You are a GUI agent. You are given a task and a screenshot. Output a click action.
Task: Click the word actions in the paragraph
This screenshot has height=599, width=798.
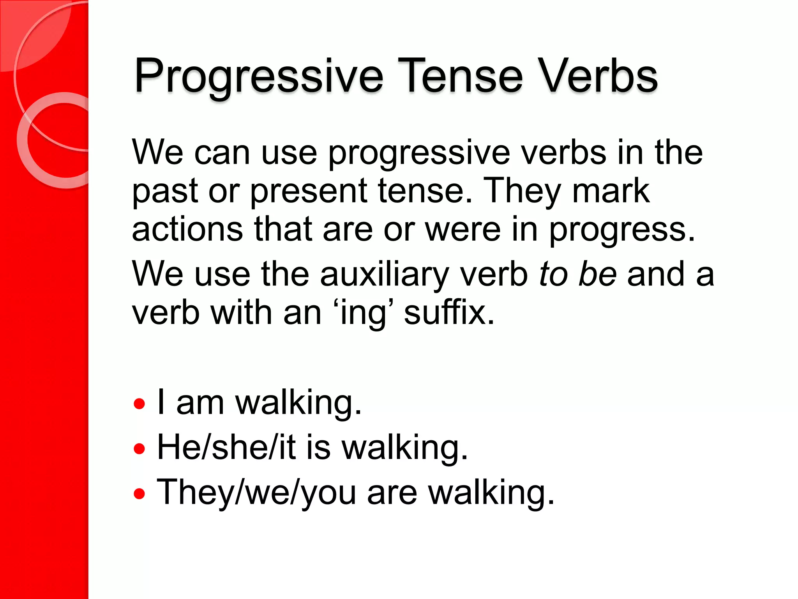(187, 230)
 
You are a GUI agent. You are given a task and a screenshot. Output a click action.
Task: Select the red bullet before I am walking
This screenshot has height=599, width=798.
(139, 404)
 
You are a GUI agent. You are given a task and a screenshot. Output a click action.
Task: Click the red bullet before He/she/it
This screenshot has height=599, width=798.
(139, 448)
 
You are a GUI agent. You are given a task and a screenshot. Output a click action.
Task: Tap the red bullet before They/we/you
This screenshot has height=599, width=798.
(139, 494)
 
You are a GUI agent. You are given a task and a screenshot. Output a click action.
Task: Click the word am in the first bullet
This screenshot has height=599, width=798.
(200, 403)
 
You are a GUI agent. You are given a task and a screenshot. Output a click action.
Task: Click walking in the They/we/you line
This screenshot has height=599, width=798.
(491, 493)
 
